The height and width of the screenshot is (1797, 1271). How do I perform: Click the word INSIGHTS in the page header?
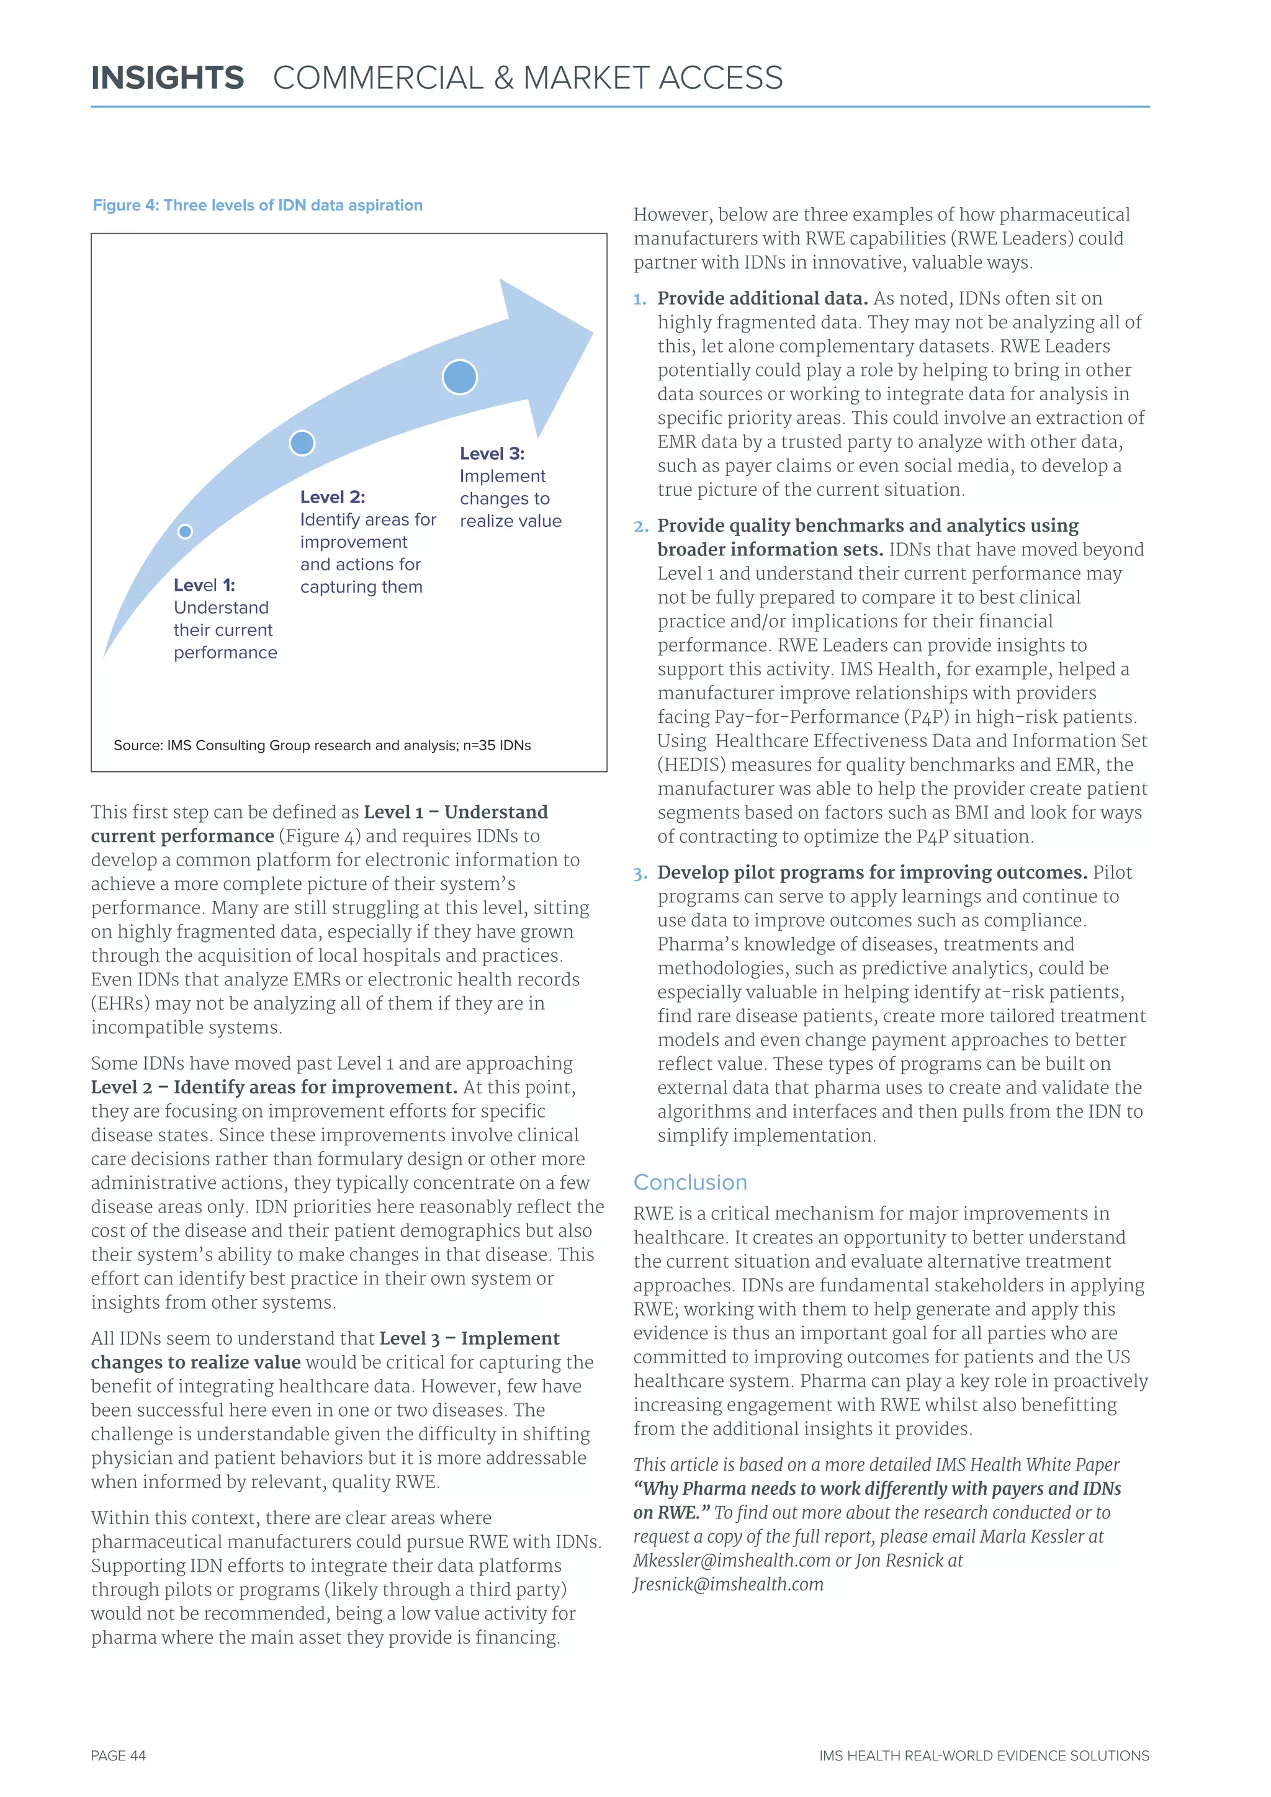click(168, 78)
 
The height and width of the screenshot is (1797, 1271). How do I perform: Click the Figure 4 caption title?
click(258, 205)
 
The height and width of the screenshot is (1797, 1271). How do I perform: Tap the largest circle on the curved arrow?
click(459, 377)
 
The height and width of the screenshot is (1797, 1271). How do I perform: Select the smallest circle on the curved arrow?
click(186, 531)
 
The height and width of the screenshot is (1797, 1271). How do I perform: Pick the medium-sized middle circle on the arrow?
click(302, 443)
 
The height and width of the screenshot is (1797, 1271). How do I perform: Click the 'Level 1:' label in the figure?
click(204, 585)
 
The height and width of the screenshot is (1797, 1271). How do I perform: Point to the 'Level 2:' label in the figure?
click(333, 497)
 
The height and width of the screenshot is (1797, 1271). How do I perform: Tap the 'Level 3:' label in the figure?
click(492, 454)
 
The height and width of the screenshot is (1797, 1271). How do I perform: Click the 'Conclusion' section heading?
click(689, 1182)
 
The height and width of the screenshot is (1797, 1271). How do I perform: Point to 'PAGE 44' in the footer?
click(118, 1755)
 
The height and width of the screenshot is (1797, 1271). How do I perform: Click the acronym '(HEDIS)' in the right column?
click(691, 764)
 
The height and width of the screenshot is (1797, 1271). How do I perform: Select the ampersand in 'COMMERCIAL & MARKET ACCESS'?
click(503, 78)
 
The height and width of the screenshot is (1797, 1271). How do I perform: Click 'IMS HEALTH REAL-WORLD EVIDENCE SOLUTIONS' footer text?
click(984, 1755)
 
